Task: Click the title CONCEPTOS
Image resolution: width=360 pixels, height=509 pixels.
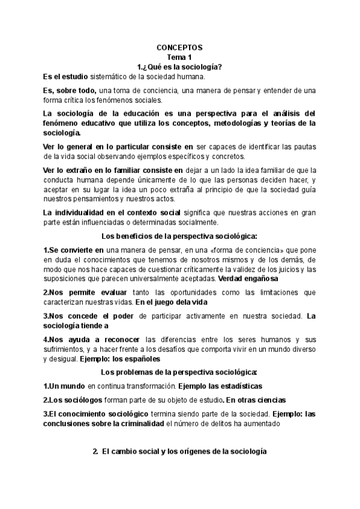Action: click(179, 47)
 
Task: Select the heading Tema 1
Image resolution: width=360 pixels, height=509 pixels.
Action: click(180, 56)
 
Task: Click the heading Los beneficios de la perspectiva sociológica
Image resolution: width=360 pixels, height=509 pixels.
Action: click(180, 236)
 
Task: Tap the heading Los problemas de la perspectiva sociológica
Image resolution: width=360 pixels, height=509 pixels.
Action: click(180, 373)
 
